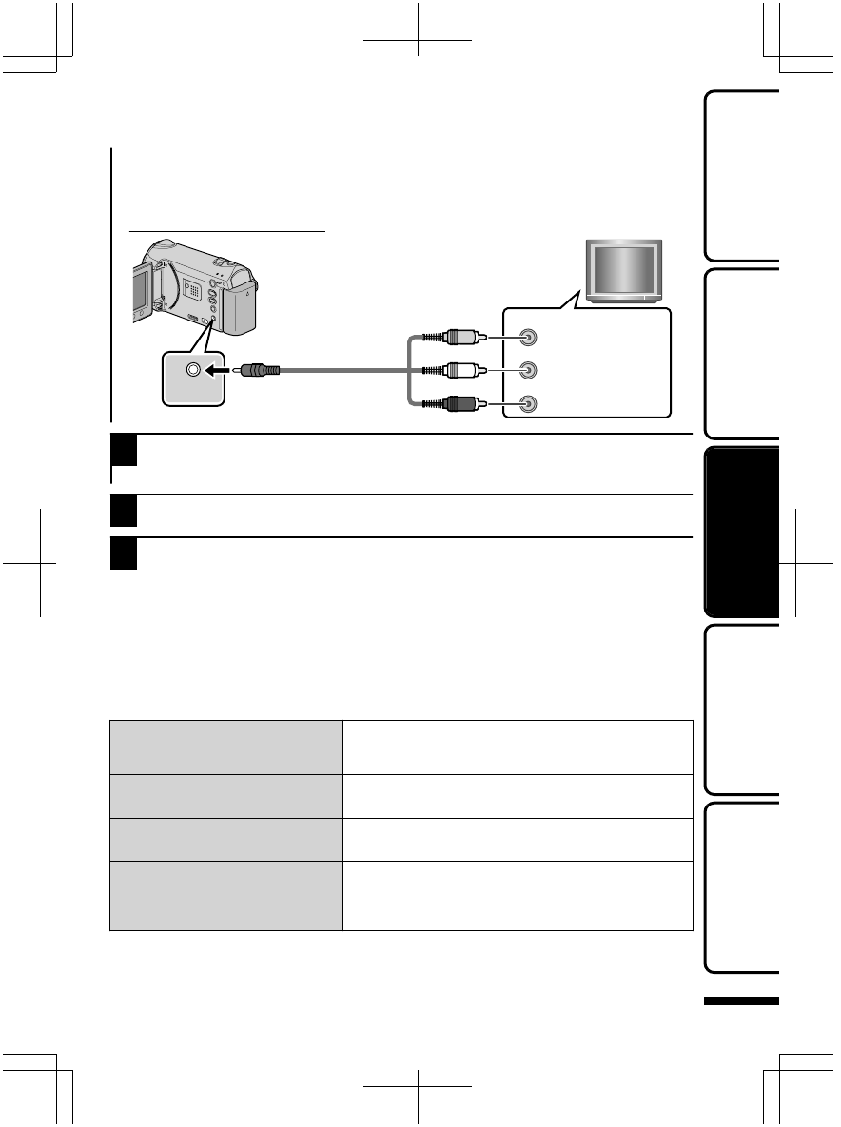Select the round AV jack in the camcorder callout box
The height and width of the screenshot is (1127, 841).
point(194,371)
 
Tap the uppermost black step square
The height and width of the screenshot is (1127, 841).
point(125,450)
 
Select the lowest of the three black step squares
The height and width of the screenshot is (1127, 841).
point(125,554)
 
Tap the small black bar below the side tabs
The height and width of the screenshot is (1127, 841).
point(742,1001)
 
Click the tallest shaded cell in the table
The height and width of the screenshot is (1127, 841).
point(226,895)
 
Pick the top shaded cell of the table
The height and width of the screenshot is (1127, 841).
point(226,747)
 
